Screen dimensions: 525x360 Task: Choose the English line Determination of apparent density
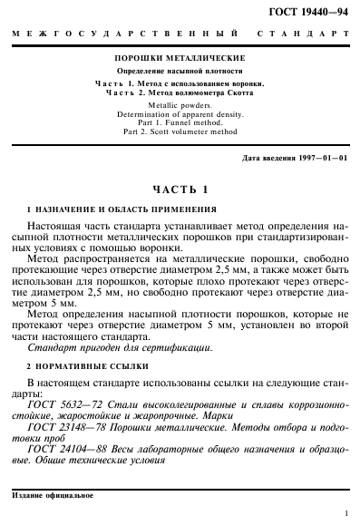coord(180,115)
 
